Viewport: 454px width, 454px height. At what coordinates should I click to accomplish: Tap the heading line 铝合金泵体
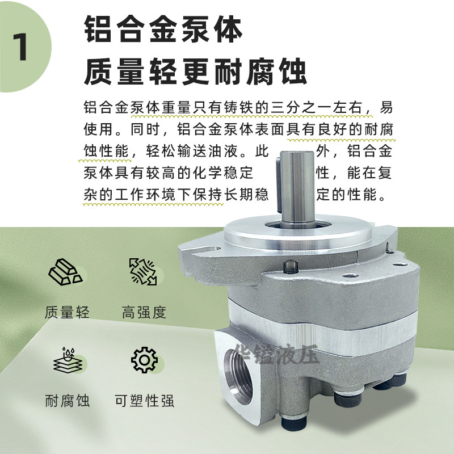point(163,30)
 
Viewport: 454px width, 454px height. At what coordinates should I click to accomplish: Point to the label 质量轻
point(67,312)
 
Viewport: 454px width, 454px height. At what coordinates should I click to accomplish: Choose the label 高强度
point(144,312)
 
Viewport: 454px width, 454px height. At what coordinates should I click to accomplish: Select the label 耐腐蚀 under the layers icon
point(67,401)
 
